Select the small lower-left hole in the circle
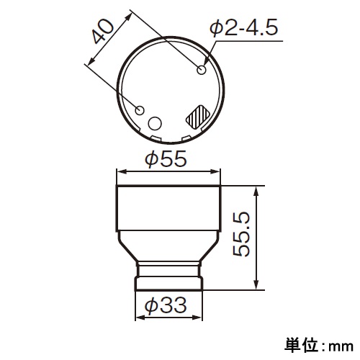141,110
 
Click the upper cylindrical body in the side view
168,209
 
